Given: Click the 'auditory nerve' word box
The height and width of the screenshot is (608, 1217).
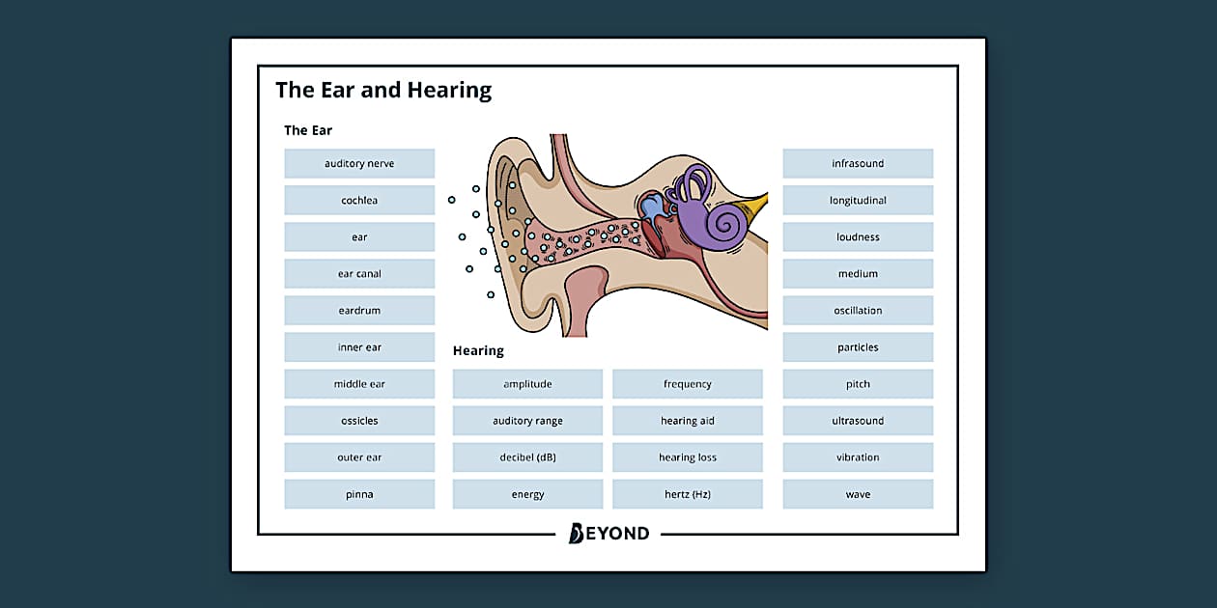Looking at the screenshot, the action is (x=359, y=163).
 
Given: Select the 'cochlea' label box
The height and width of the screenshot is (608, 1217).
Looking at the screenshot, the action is (x=359, y=201).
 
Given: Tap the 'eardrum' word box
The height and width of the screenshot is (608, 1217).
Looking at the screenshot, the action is (x=359, y=311).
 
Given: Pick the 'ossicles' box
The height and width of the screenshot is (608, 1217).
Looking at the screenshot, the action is (x=359, y=421).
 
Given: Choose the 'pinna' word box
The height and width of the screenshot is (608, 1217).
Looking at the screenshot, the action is (x=359, y=494).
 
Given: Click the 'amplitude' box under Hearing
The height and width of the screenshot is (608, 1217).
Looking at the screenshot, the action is (x=527, y=384).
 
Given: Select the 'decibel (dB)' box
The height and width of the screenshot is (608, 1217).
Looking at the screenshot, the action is (x=527, y=457).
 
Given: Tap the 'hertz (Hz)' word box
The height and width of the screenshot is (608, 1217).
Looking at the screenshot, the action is (x=688, y=494).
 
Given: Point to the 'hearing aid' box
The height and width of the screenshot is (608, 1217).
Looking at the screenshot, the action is (x=688, y=421).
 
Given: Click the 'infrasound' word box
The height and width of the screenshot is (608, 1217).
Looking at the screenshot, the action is (x=858, y=163).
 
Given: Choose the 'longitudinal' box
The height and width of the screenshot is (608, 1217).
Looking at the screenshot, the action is (x=858, y=201).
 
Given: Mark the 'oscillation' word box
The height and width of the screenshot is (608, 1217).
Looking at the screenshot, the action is (x=858, y=311).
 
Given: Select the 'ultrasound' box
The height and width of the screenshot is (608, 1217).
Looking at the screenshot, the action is (x=858, y=421).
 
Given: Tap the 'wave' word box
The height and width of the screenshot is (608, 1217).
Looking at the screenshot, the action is (x=858, y=494).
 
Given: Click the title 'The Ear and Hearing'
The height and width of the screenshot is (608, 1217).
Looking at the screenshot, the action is (x=383, y=90).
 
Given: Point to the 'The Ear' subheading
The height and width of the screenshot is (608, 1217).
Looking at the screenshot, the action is (x=308, y=130).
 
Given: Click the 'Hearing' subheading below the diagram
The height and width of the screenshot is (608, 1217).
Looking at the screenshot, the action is (x=478, y=350).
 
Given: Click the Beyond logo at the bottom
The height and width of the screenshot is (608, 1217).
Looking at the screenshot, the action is (x=608, y=533).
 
